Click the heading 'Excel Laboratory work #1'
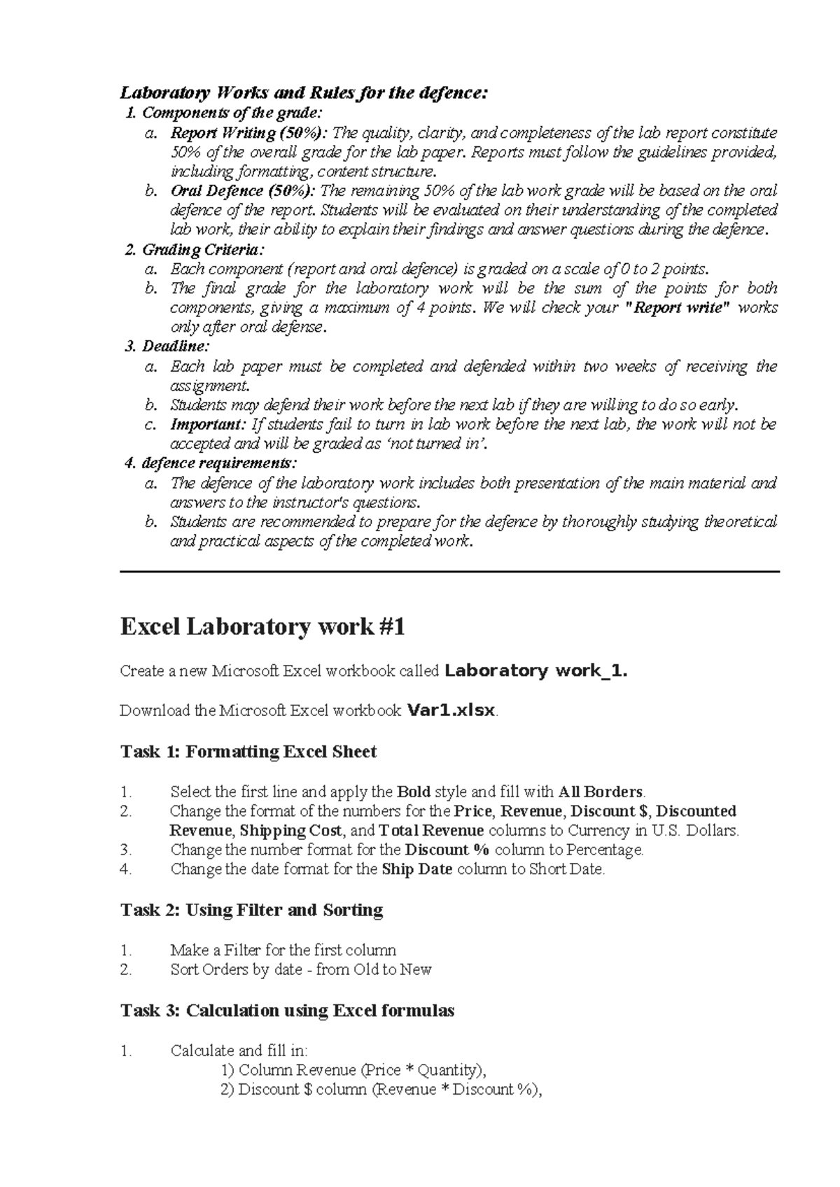262,626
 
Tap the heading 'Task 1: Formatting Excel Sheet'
248,752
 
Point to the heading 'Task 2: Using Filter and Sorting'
251,910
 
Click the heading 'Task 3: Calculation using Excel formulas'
287,1011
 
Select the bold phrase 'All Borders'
601,792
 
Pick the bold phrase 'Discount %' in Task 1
447,850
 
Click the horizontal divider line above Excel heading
449,572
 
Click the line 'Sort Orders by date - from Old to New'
300,969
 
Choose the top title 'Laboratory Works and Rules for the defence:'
302,93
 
